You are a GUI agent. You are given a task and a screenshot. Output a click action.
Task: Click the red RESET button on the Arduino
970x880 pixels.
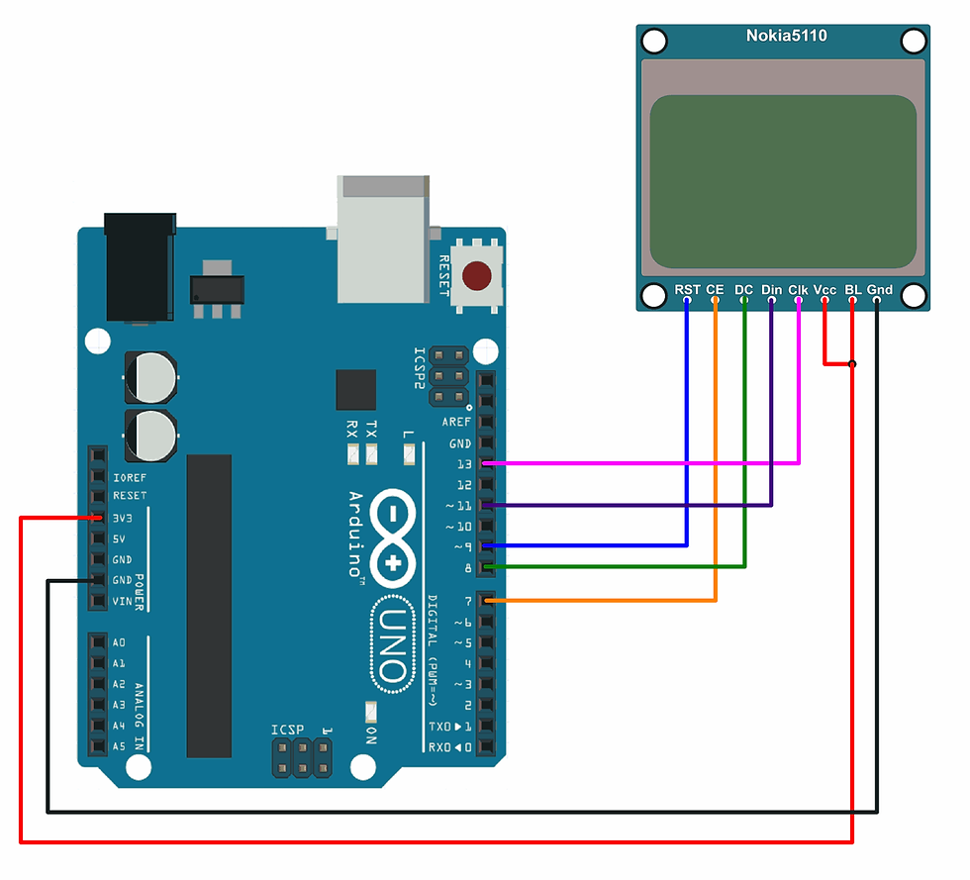point(480,276)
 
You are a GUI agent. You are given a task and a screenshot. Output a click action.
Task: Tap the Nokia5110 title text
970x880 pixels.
point(786,37)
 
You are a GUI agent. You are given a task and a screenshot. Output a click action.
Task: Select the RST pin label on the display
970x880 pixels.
point(687,290)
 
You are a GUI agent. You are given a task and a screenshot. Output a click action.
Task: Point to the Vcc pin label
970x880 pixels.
point(824,290)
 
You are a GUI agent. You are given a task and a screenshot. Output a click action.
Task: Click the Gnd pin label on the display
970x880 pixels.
point(879,290)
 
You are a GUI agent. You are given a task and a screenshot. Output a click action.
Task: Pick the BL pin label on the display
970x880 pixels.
point(852,290)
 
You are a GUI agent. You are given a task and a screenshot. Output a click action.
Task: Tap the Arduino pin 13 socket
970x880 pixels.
point(486,463)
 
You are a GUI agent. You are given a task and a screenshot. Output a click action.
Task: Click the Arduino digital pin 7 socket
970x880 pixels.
point(486,600)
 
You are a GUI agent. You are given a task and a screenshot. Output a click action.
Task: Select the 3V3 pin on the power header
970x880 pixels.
point(97,518)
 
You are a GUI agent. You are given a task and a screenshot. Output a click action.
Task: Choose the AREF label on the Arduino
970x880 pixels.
point(456,423)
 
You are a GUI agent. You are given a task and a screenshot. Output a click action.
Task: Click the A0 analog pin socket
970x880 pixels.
point(97,642)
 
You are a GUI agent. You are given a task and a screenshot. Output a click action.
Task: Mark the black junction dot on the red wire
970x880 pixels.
point(852,364)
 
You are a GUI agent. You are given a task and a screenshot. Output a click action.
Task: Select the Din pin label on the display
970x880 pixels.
point(771,290)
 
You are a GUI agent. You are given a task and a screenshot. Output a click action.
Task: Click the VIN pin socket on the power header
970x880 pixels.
point(97,601)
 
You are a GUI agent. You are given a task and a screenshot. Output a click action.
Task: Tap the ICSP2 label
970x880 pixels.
point(420,367)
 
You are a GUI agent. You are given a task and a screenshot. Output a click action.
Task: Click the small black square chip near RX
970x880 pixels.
point(356,389)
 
